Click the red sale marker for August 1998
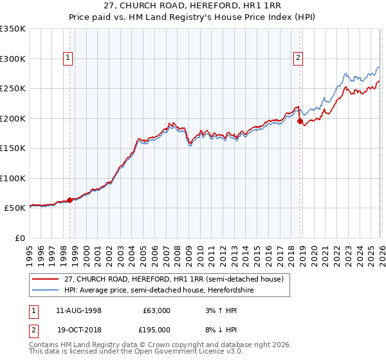[70, 201]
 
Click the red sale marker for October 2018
[300, 122]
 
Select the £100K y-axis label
[13, 178]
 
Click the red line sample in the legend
[46, 279]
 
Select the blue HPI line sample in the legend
[46, 290]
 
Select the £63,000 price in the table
[156, 310]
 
